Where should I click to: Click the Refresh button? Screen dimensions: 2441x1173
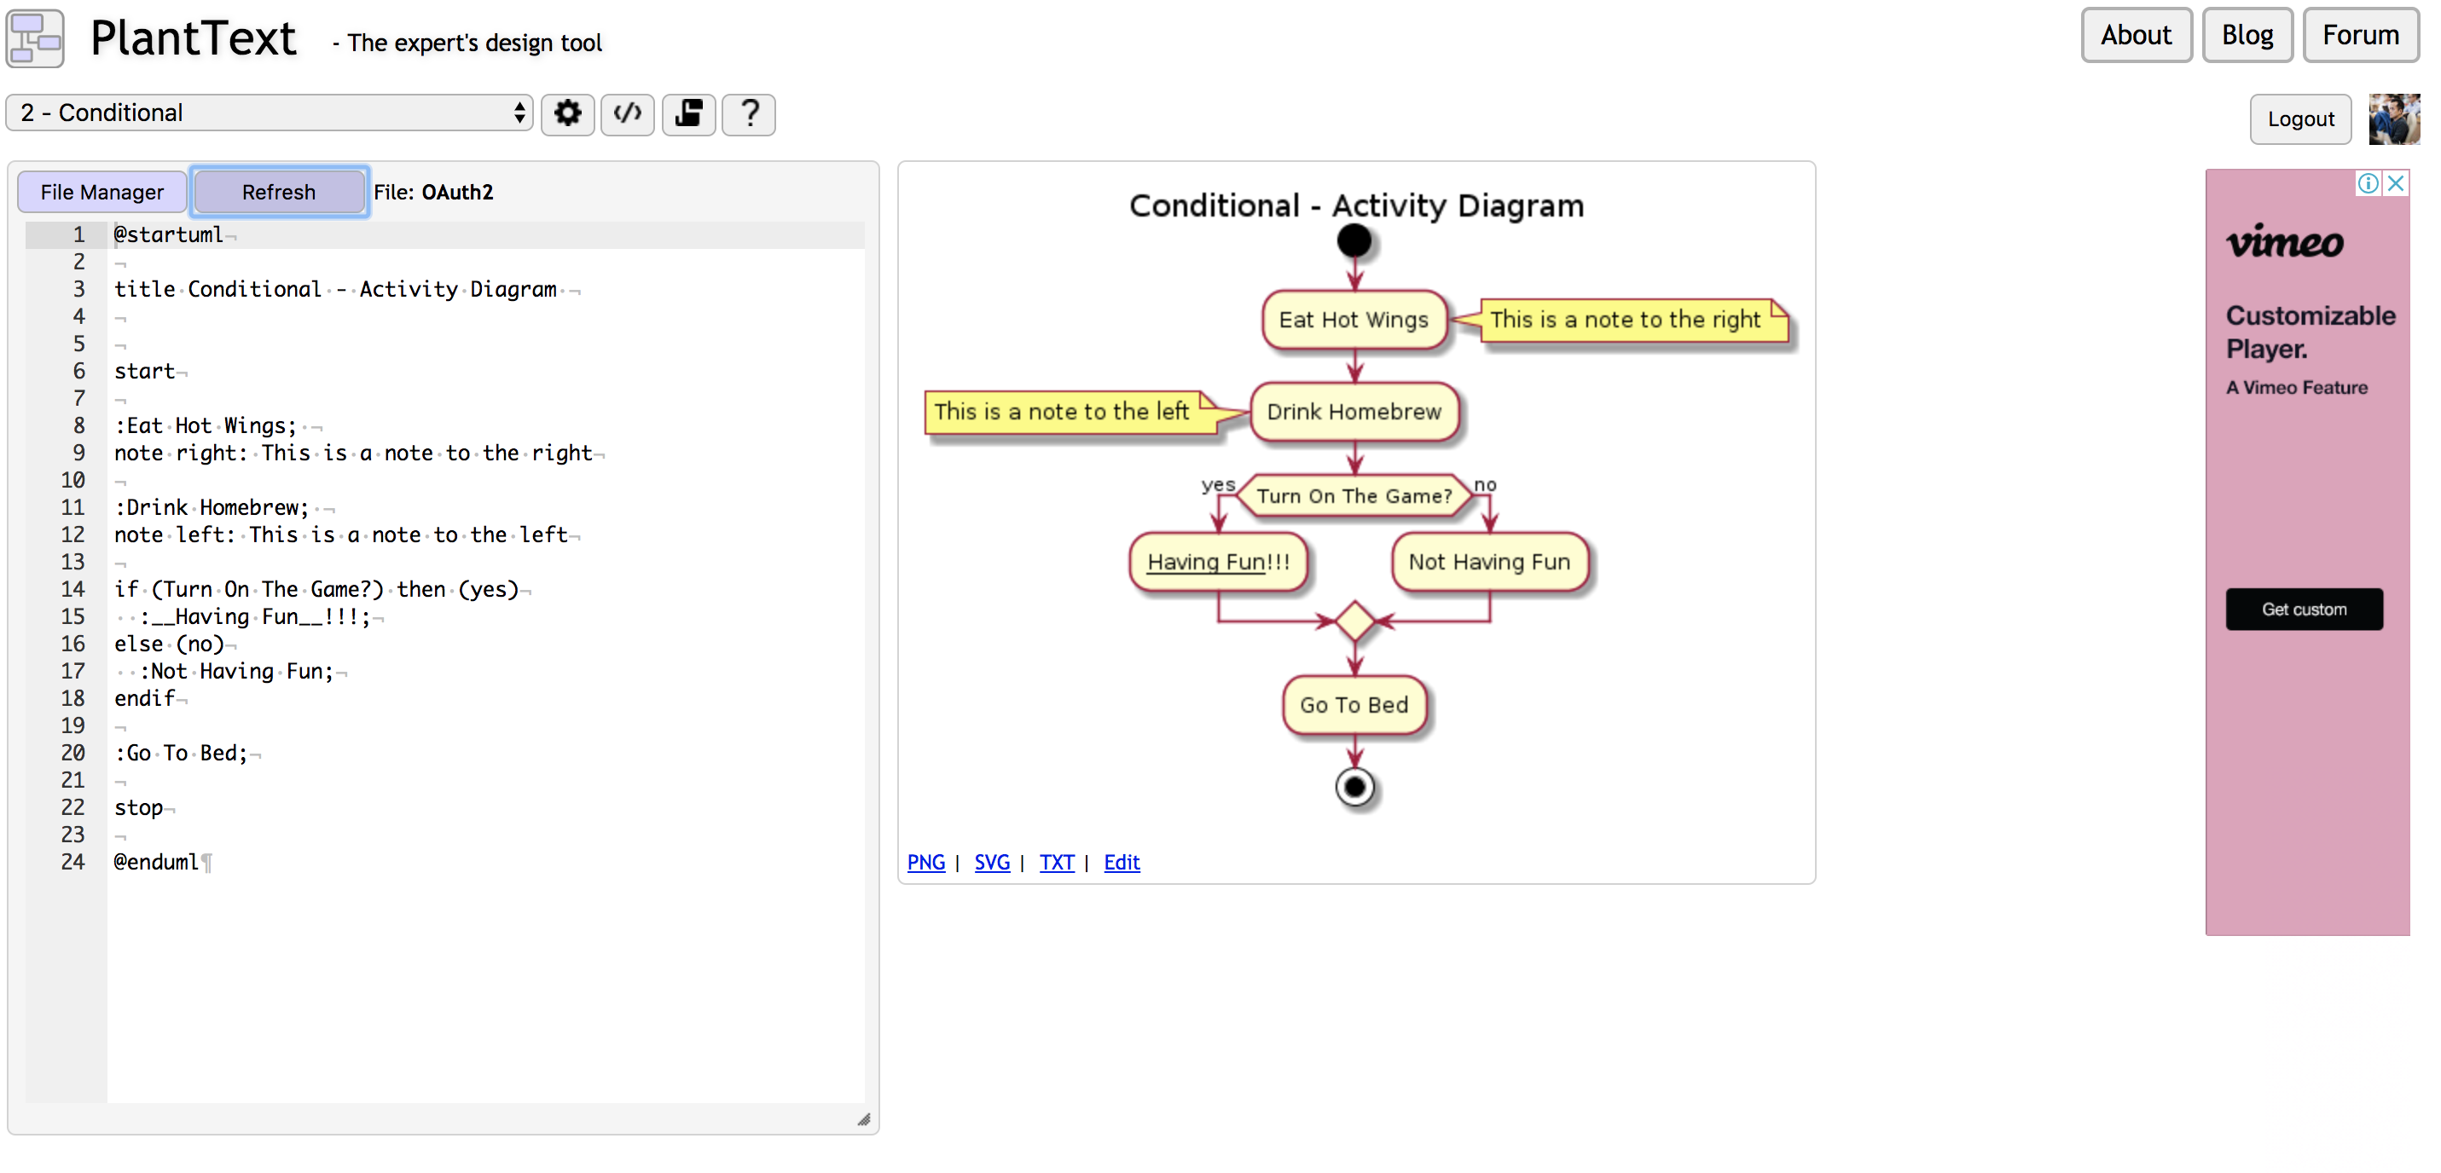(x=279, y=193)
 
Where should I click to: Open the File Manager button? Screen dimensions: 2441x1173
(x=102, y=193)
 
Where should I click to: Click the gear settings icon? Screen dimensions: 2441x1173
(x=568, y=114)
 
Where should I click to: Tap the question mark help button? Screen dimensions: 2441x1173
(x=750, y=114)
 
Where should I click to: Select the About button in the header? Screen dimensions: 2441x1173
(x=2136, y=35)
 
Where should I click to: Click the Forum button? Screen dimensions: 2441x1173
(x=2361, y=35)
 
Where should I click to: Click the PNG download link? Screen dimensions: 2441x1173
(x=925, y=862)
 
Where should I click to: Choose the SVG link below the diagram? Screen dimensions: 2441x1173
(x=992, y=862)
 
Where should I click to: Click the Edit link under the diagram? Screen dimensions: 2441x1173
(x=1122, y=862)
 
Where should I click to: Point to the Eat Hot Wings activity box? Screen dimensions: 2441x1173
(x=1354, y=321)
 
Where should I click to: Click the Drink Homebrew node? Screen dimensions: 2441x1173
(x=1354, y=412)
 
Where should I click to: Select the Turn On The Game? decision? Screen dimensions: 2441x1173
(x=1355, y=495)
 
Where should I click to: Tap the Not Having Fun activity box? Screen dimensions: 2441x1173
(x=1490, y=562)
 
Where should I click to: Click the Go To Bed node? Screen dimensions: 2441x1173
(x=1354, y=705)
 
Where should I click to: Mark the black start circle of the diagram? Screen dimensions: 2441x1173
(x=1354, y=240)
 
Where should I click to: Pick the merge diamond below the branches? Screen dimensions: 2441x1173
(x=1355, y=621)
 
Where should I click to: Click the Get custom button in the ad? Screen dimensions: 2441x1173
(x=2304, y=610)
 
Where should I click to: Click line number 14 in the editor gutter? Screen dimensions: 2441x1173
(x=73, y=589)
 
